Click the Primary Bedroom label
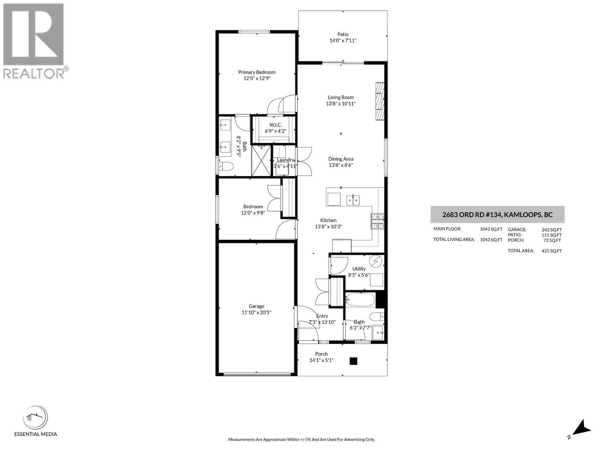click(257, 72)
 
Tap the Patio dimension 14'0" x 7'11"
click(343, 41)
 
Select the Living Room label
click(341, 97)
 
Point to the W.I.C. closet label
click(275, 125)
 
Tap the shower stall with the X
click(262, 161)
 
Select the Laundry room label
click(285, 160)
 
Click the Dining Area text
click(341, 159)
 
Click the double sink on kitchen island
click(353, 200)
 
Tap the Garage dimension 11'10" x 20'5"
click(256, 312)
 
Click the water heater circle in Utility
click(376, 261)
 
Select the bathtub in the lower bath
click(360, 300)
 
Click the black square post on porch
click(353, 361)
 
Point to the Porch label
click(321, 354)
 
